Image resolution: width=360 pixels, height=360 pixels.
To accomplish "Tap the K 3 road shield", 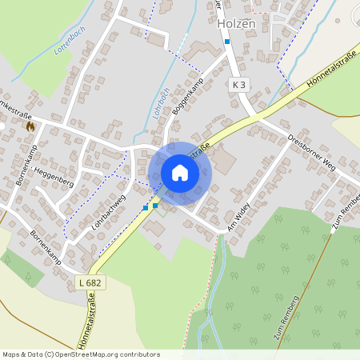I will [238, 83].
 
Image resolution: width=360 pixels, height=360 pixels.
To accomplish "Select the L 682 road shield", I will [90, 282].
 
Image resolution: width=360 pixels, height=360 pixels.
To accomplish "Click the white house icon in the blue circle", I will [179, 173].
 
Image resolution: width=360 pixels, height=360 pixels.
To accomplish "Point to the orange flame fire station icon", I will [30, 126].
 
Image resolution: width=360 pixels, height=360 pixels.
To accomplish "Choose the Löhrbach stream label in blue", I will [160, 102].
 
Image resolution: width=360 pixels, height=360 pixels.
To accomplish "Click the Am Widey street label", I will [238, 216].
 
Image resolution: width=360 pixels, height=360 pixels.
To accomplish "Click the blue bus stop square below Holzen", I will [227, 42].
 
